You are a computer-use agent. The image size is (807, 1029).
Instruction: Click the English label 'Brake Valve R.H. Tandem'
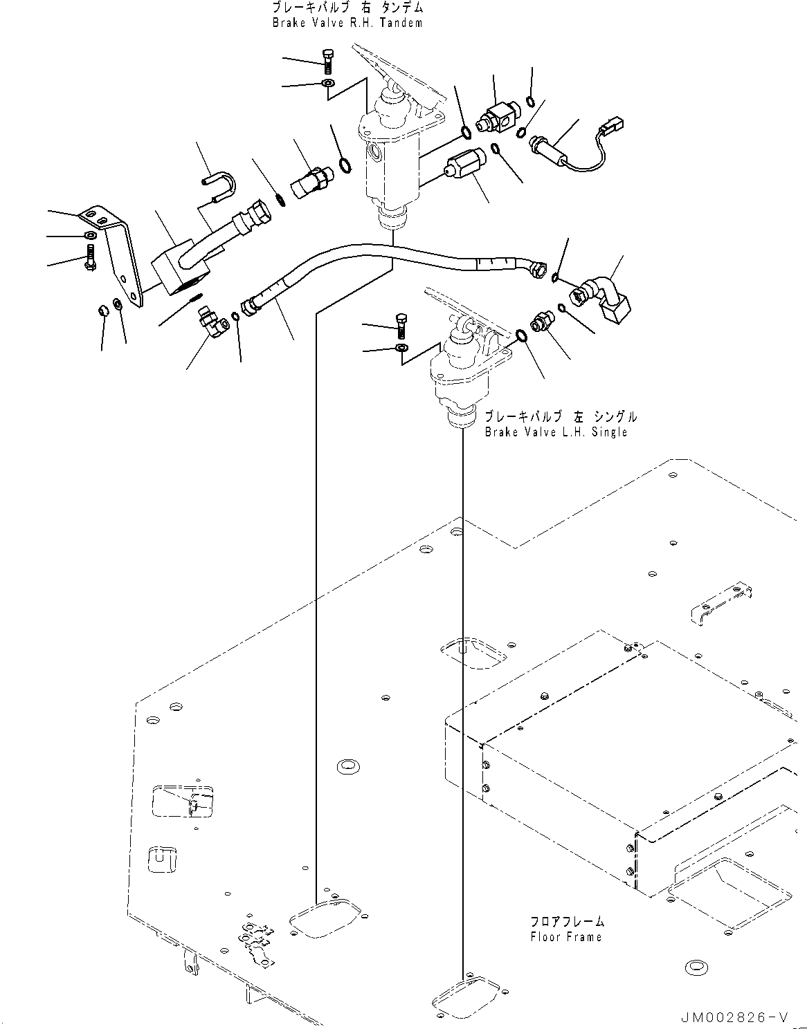point(347,23)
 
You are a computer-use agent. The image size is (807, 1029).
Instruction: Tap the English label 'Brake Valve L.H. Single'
point(556,432)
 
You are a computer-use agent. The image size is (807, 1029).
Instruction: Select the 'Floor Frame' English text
point(566,936)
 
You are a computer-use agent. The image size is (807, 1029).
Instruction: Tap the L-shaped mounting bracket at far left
point(113,256)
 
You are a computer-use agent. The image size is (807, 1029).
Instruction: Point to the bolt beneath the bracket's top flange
point(90,257)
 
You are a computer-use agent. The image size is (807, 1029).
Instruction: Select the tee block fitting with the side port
point(498,120)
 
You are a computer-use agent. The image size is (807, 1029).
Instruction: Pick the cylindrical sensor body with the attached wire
point(550,149)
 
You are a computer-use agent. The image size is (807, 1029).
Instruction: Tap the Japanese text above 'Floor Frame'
point(568,922)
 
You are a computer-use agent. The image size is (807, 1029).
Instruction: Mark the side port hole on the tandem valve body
point(374,152)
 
